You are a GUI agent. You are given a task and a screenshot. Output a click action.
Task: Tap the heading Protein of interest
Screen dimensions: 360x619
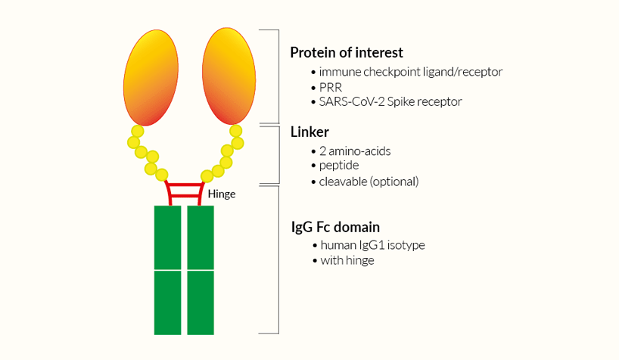[347, 53]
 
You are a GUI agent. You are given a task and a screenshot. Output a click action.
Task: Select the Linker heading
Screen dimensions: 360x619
[309, 132]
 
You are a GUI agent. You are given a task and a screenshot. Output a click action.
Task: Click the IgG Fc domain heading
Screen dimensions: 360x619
[335, 227]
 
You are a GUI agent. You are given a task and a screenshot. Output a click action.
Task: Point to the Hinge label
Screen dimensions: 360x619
[221, 194]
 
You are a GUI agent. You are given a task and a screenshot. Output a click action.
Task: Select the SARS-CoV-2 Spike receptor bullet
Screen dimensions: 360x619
[390, 101]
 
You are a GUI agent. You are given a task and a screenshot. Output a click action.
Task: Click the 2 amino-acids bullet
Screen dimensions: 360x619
[355, 151]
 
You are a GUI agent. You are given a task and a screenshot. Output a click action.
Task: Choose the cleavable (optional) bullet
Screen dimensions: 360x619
[369, 182]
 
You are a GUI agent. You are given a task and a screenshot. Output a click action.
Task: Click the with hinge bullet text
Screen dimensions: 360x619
[347, 260]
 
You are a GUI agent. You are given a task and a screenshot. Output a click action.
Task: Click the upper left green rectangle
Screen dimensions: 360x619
[167, 237]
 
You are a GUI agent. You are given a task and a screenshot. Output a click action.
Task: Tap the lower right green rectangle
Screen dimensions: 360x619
[201, 303]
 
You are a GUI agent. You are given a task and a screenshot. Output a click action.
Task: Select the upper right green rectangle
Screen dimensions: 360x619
[201, 237]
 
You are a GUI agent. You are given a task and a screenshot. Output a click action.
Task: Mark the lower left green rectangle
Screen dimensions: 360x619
[167, 303]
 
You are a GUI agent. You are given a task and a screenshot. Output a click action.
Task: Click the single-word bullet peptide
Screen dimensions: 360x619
[339, 165]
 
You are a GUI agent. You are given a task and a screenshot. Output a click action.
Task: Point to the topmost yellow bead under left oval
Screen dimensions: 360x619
[137, 132]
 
